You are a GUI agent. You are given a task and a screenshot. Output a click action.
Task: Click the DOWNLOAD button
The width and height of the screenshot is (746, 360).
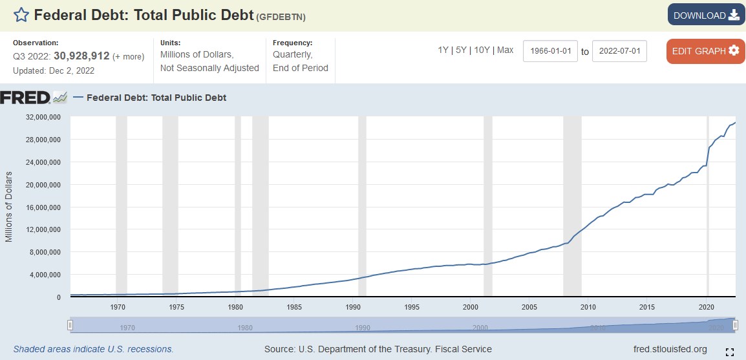pos(706,15)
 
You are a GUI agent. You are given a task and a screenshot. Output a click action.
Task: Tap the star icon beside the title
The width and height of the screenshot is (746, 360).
pos(21,15)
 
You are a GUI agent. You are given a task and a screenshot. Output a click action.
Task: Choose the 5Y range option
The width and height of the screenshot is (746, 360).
pos(461,50)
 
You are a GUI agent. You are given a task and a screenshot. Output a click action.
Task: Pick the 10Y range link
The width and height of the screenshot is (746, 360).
pos(481,50)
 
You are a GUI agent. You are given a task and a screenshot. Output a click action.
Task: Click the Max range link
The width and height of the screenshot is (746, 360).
pos(505,50)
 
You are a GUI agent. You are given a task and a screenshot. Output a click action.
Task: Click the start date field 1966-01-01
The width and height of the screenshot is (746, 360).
pos(549,51)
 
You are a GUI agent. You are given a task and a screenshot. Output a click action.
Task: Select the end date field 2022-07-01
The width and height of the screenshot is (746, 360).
pos(619,51)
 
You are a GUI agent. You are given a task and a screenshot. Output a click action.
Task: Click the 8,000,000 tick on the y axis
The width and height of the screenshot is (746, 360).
pos(42,252)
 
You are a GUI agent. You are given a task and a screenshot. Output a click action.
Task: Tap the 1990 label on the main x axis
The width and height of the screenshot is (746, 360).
pos(352,307)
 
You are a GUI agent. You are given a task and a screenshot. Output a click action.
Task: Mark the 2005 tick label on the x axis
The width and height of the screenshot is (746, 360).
pos(529,307)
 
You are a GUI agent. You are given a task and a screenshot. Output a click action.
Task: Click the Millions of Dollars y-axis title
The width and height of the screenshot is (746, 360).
pos(9,207)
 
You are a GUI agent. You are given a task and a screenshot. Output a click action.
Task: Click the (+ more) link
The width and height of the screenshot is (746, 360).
pos(129,57)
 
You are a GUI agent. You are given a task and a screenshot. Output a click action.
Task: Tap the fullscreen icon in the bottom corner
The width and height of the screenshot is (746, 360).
pos(729,352)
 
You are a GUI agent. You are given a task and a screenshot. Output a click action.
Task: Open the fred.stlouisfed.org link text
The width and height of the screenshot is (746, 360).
pos(670,349)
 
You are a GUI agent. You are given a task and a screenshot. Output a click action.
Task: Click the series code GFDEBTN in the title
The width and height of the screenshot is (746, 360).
pos(282,16)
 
